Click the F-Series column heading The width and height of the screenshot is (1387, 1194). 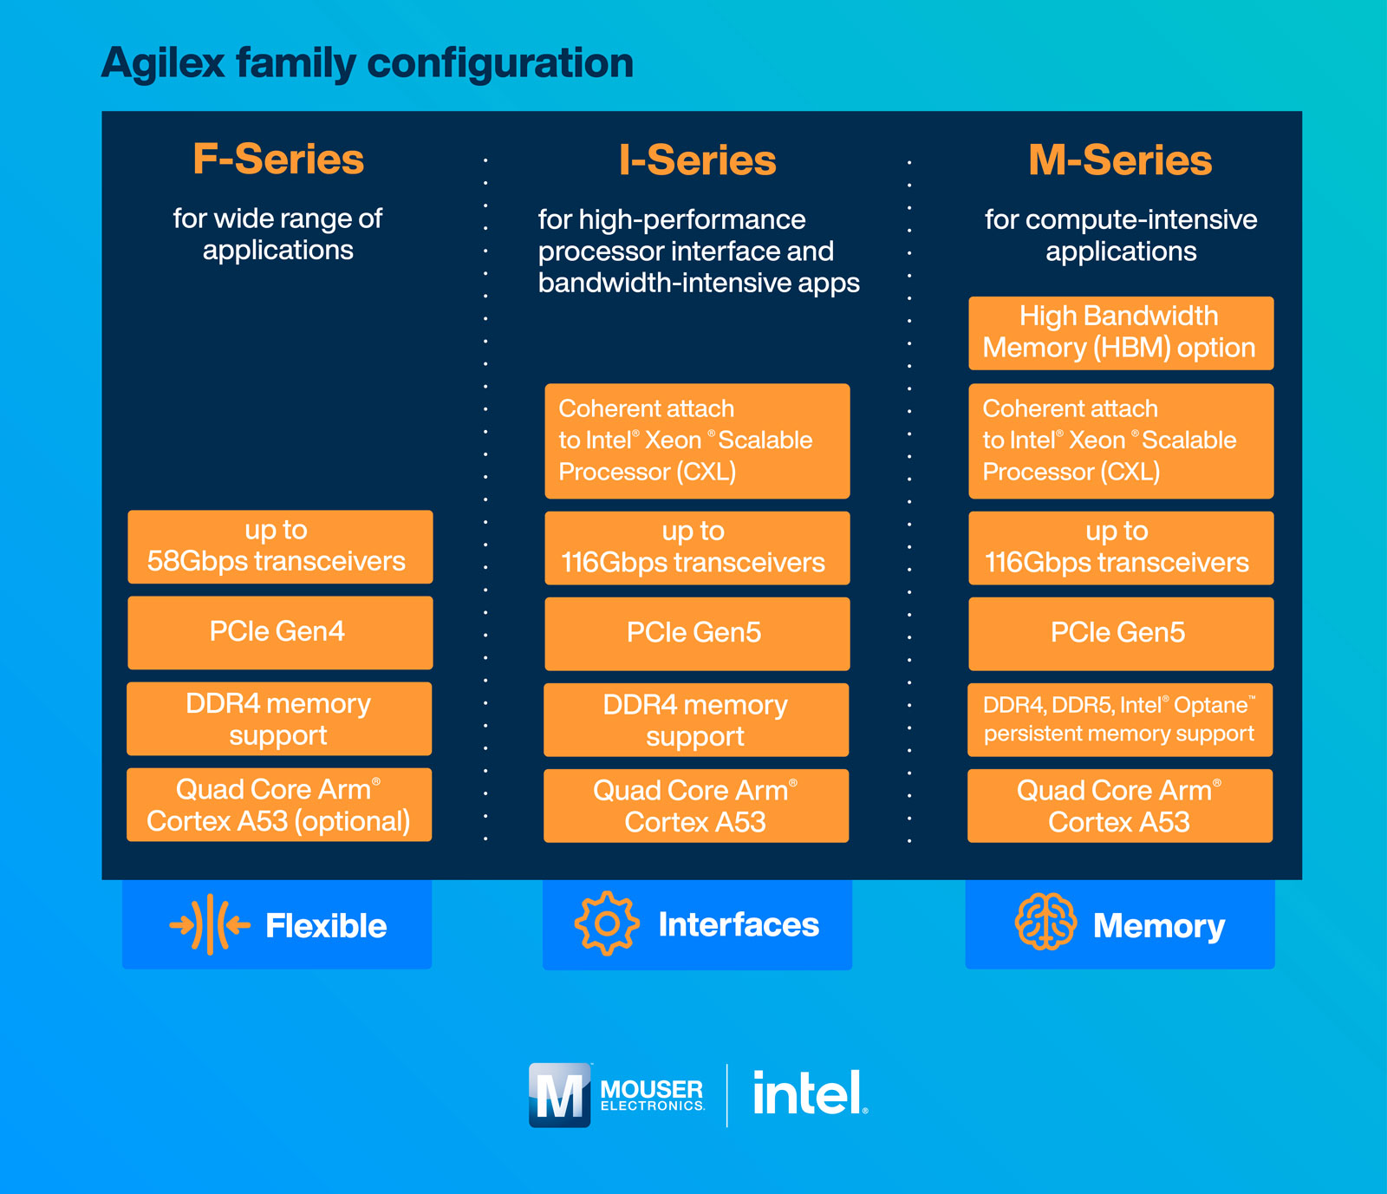click(278, 160)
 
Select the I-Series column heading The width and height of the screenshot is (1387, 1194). click(698, 160)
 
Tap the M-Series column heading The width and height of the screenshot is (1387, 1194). click(1120, 160)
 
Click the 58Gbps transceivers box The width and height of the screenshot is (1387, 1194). click(280, 547)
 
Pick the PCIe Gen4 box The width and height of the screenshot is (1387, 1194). click(280, 632)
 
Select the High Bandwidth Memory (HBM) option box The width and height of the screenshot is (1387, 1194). click(1120, 333)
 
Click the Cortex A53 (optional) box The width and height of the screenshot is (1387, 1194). click(279, 805)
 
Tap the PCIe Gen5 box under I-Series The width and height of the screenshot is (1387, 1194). click(697, 633)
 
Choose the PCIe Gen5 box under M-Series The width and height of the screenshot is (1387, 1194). click(1120, 633)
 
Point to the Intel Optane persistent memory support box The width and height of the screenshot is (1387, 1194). click(1120, 720)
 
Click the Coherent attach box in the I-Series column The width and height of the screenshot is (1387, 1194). click(697, 440)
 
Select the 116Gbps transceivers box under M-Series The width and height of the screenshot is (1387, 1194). click(1120, 548)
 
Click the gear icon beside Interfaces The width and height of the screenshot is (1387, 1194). click(607, 923)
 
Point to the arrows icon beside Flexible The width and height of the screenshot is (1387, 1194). click(210, 925)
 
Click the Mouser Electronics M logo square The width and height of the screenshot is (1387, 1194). click(560, 1095)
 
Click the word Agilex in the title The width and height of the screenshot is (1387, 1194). click(164, 63)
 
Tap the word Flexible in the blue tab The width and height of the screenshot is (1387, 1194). click(326, 926)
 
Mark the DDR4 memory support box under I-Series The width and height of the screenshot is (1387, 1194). click(696, 720)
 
